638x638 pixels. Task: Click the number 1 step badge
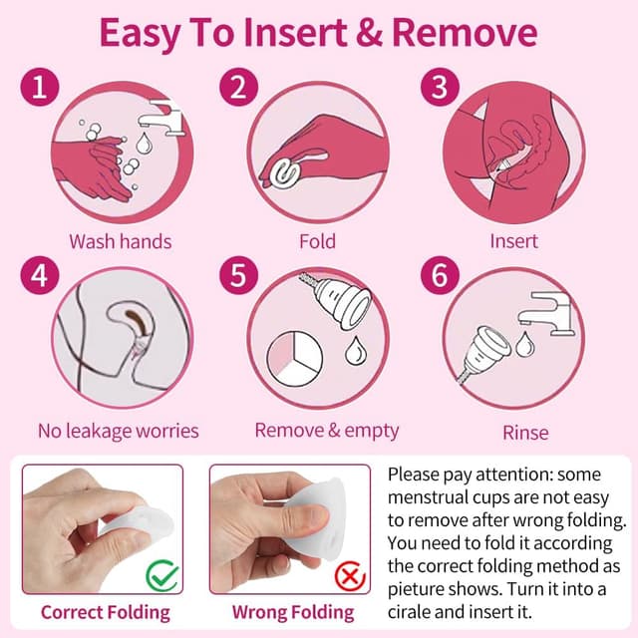40,87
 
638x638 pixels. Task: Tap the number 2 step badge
239,87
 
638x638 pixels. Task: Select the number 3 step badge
440,87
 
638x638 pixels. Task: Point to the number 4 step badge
40,275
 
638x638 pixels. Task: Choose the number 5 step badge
239,275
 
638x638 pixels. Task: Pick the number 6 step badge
440,275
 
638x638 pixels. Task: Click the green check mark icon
162,575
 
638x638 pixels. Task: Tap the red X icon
350,576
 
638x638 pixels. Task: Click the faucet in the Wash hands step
160,117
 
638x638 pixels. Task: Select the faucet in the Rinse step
545,313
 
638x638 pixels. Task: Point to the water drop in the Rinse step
525,344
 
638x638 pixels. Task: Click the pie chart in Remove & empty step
295,359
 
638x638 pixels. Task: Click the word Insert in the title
295,33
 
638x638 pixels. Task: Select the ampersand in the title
370,33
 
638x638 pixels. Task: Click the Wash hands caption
121,241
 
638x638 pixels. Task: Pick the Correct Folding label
106,613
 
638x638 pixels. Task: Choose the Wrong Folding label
293,613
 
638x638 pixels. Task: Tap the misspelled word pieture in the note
417,589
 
